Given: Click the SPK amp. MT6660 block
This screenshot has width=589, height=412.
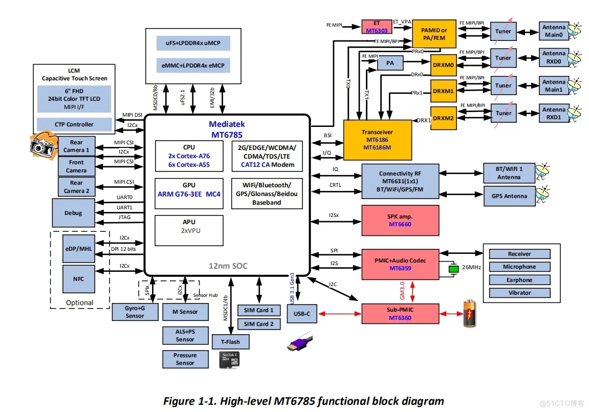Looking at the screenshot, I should click(400, 221).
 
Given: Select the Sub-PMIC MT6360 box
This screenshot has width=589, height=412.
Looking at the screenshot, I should click(400, 314).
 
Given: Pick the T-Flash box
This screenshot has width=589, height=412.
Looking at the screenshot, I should click(230, 342).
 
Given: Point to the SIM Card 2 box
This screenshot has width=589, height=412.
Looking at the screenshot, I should click(258, 324).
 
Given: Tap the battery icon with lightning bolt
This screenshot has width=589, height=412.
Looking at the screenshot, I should click(469, 313).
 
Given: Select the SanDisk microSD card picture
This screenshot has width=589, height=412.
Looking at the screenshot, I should click(229, 360).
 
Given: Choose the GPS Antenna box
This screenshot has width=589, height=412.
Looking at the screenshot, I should click(509, 196).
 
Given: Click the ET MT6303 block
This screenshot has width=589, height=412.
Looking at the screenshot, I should click(376, 27).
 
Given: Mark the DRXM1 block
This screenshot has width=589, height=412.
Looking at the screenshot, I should click(443, 90).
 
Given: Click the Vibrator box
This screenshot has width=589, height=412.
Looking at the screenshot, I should click(519, 293).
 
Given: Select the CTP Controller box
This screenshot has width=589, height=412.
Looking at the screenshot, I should click(74, 124).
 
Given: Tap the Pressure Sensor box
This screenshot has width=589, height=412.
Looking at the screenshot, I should click(185, 359).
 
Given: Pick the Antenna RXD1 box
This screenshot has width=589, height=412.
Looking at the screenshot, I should click(554, 113).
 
